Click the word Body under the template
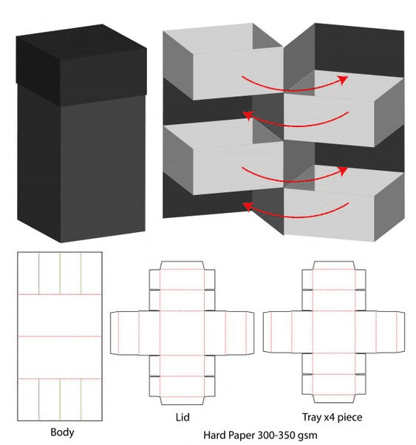(62, 431)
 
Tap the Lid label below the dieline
(182, 418)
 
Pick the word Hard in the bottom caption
(215, 435)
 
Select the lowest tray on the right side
(333, 214)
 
